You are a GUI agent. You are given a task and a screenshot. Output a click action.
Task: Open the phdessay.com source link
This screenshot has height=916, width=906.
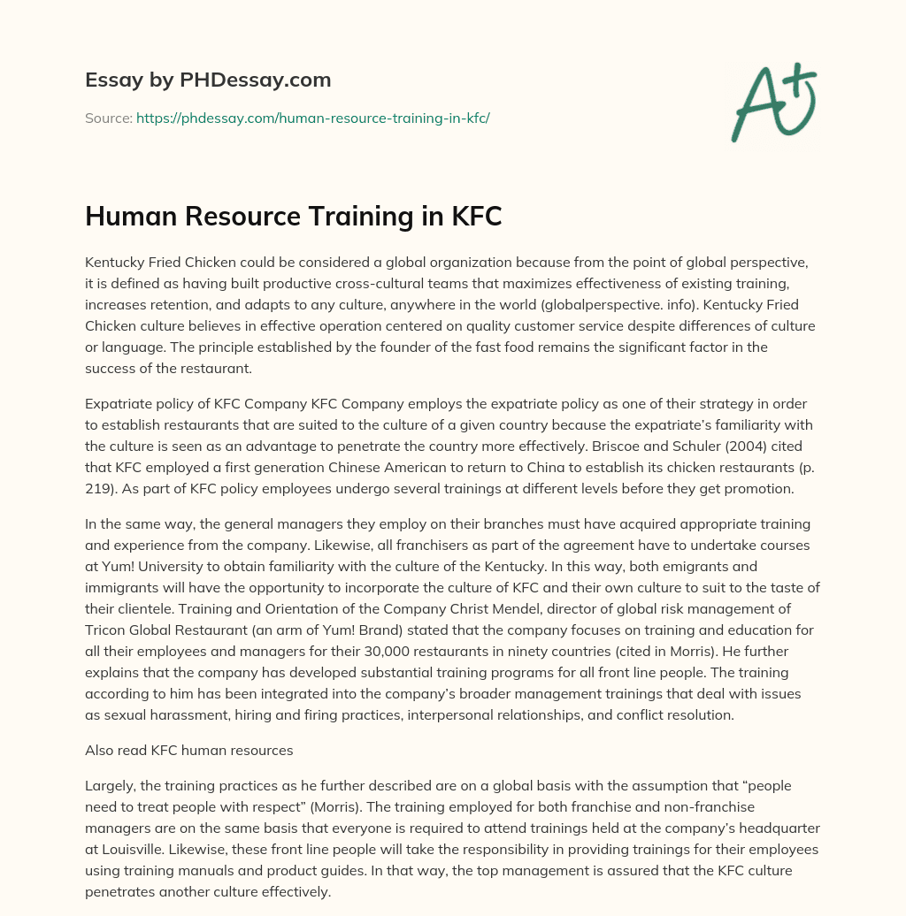[312, 117]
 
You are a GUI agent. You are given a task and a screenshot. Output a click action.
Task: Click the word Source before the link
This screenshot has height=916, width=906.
[108, 117]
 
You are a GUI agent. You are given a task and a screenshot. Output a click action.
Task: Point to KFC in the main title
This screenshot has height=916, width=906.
[475, 216]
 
